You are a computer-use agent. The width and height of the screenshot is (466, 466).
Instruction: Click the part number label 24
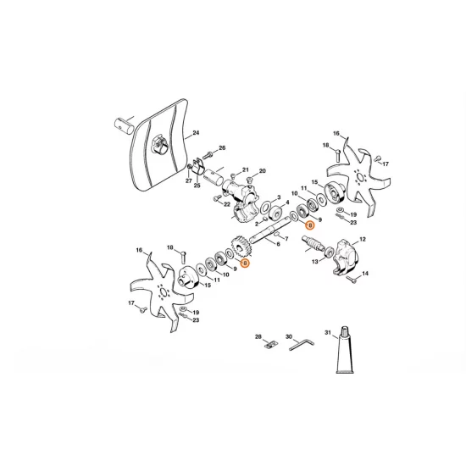(x=196, y=134)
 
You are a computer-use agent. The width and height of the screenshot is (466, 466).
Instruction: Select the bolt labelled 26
(x=208, y=152)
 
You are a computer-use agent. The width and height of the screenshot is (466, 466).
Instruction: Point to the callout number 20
(x=262, y=170)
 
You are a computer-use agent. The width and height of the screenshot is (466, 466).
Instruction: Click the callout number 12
(x=363, y=241)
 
